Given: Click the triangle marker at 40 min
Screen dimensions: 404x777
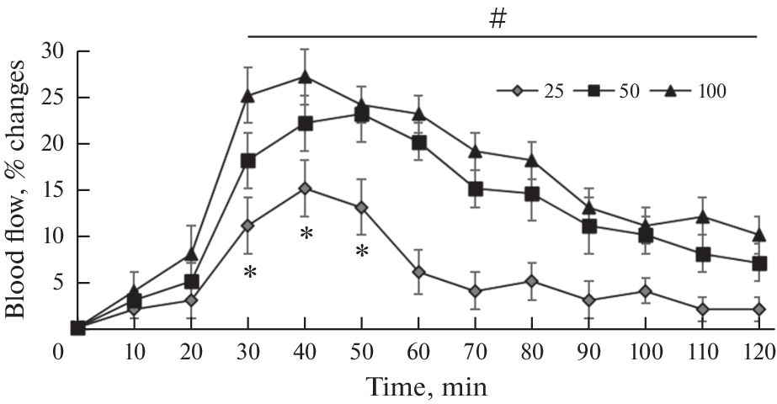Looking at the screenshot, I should click(306, 77).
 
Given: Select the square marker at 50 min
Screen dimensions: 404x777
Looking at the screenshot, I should click(362, 115).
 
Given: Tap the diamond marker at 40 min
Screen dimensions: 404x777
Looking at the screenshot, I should click(306, 189).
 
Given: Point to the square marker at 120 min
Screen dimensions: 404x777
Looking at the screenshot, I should click(758, 263).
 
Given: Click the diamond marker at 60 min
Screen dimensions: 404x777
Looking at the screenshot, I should click(418, 272).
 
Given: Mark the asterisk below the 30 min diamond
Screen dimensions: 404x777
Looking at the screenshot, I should click(249, 272).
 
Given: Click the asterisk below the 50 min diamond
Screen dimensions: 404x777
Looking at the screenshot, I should click(362, 251).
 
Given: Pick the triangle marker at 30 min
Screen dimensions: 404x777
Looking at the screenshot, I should click(249, 96).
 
